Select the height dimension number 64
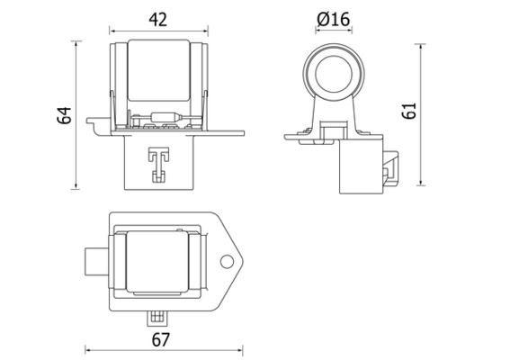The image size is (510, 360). pos(63,115)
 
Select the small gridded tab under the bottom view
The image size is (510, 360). pos(158,317)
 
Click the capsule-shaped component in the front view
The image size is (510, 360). pos(169,117)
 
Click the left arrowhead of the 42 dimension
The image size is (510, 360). pos(113,31)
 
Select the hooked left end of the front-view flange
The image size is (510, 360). pos(91,122)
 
